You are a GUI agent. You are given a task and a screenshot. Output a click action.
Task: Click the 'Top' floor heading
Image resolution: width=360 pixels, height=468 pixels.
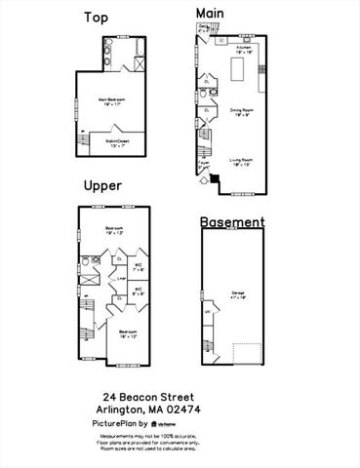96,18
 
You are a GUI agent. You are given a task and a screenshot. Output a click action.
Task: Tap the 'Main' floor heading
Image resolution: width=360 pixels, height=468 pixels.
210,11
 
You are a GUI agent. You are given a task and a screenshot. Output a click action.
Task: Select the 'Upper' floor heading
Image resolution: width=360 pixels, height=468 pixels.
102,185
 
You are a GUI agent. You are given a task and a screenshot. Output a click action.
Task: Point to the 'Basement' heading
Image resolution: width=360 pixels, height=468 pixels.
232,222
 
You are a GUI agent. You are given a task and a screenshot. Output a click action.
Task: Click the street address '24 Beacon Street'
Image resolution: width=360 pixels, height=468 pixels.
148,398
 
